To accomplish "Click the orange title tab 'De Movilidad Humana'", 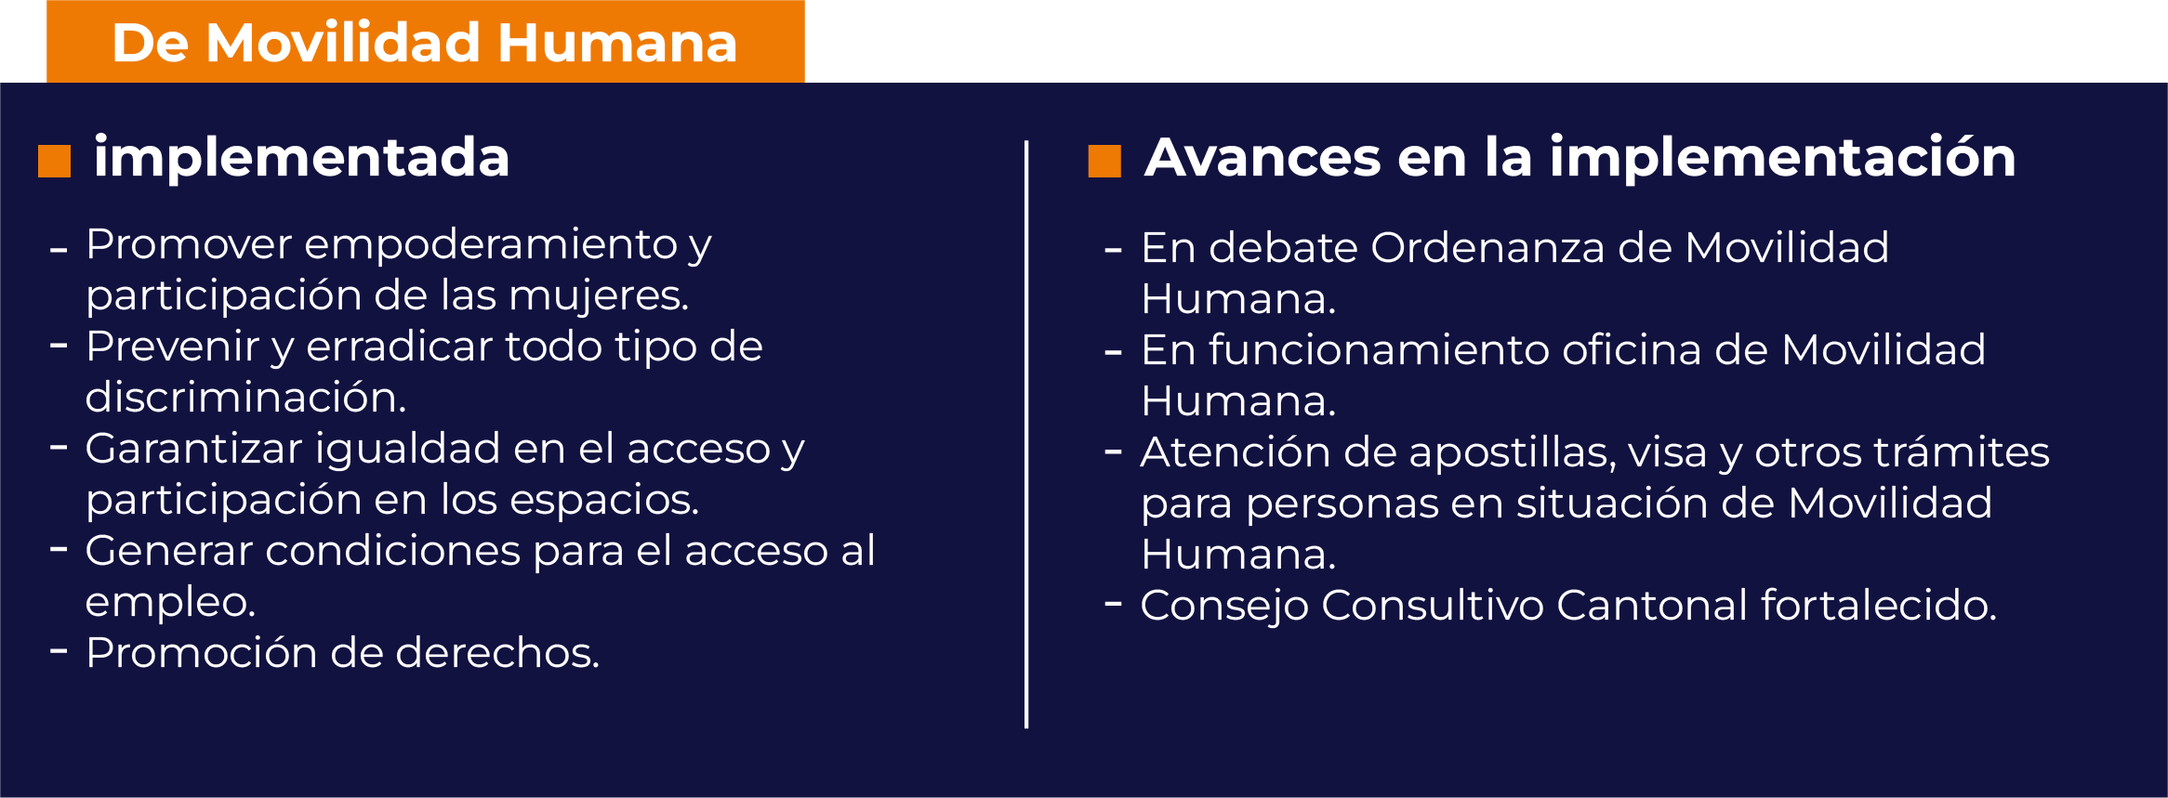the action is (x=425, y=42).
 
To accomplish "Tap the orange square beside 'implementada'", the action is (x=54, y=161).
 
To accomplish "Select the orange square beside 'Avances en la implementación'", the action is (x=1104, y=161).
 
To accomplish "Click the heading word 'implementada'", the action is (x=302, y=157).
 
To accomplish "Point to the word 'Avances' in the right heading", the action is (x=1262, y=157).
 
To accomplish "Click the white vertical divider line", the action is (x=1026, y=435).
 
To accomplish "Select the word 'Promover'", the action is (x=190, y=244).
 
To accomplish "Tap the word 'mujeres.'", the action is (x=599, y=296).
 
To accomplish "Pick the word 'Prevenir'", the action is (x=172, y=347).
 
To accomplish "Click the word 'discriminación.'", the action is (x=246, y=398).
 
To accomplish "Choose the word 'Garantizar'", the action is (x=193, y=449).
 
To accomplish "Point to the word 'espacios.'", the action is (x=604, y=501).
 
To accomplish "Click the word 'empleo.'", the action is (x=170, y=603).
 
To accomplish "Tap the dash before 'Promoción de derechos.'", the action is (x=59, y=651).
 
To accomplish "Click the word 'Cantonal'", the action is (x=1652, y=605).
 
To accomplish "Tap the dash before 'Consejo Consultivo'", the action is (x=1113, y=604).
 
